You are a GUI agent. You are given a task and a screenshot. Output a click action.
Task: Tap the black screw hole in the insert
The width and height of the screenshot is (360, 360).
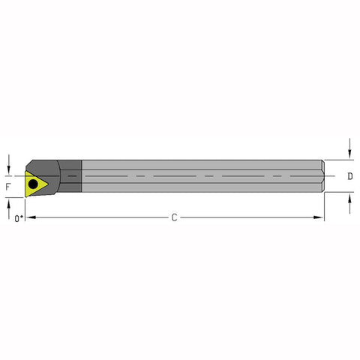point(32,182)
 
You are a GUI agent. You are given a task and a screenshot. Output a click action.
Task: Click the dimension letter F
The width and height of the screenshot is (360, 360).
point(8,184)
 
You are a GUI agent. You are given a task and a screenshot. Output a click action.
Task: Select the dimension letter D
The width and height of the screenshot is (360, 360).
point(350,177)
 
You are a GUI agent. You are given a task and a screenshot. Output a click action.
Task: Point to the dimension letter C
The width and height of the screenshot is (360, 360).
point(174,217)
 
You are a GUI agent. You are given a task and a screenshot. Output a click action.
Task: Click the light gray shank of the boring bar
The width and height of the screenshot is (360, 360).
point(195,177)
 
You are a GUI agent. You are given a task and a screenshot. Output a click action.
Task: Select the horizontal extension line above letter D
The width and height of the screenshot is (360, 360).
point(341,160)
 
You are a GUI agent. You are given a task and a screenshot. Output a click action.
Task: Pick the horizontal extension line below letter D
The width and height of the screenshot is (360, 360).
point(341,193)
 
